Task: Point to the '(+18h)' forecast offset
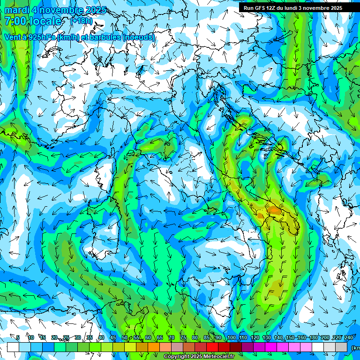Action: (81, 21)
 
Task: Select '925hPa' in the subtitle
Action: (41, 37)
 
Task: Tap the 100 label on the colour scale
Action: (231, 337)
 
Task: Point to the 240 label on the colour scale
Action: (348, 337)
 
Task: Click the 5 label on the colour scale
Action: (18, 337)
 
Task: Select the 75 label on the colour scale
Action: (183, 337)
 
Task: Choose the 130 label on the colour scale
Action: (267, 337)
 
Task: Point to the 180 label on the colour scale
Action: (314, 337)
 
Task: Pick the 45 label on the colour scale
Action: (113, 337)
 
